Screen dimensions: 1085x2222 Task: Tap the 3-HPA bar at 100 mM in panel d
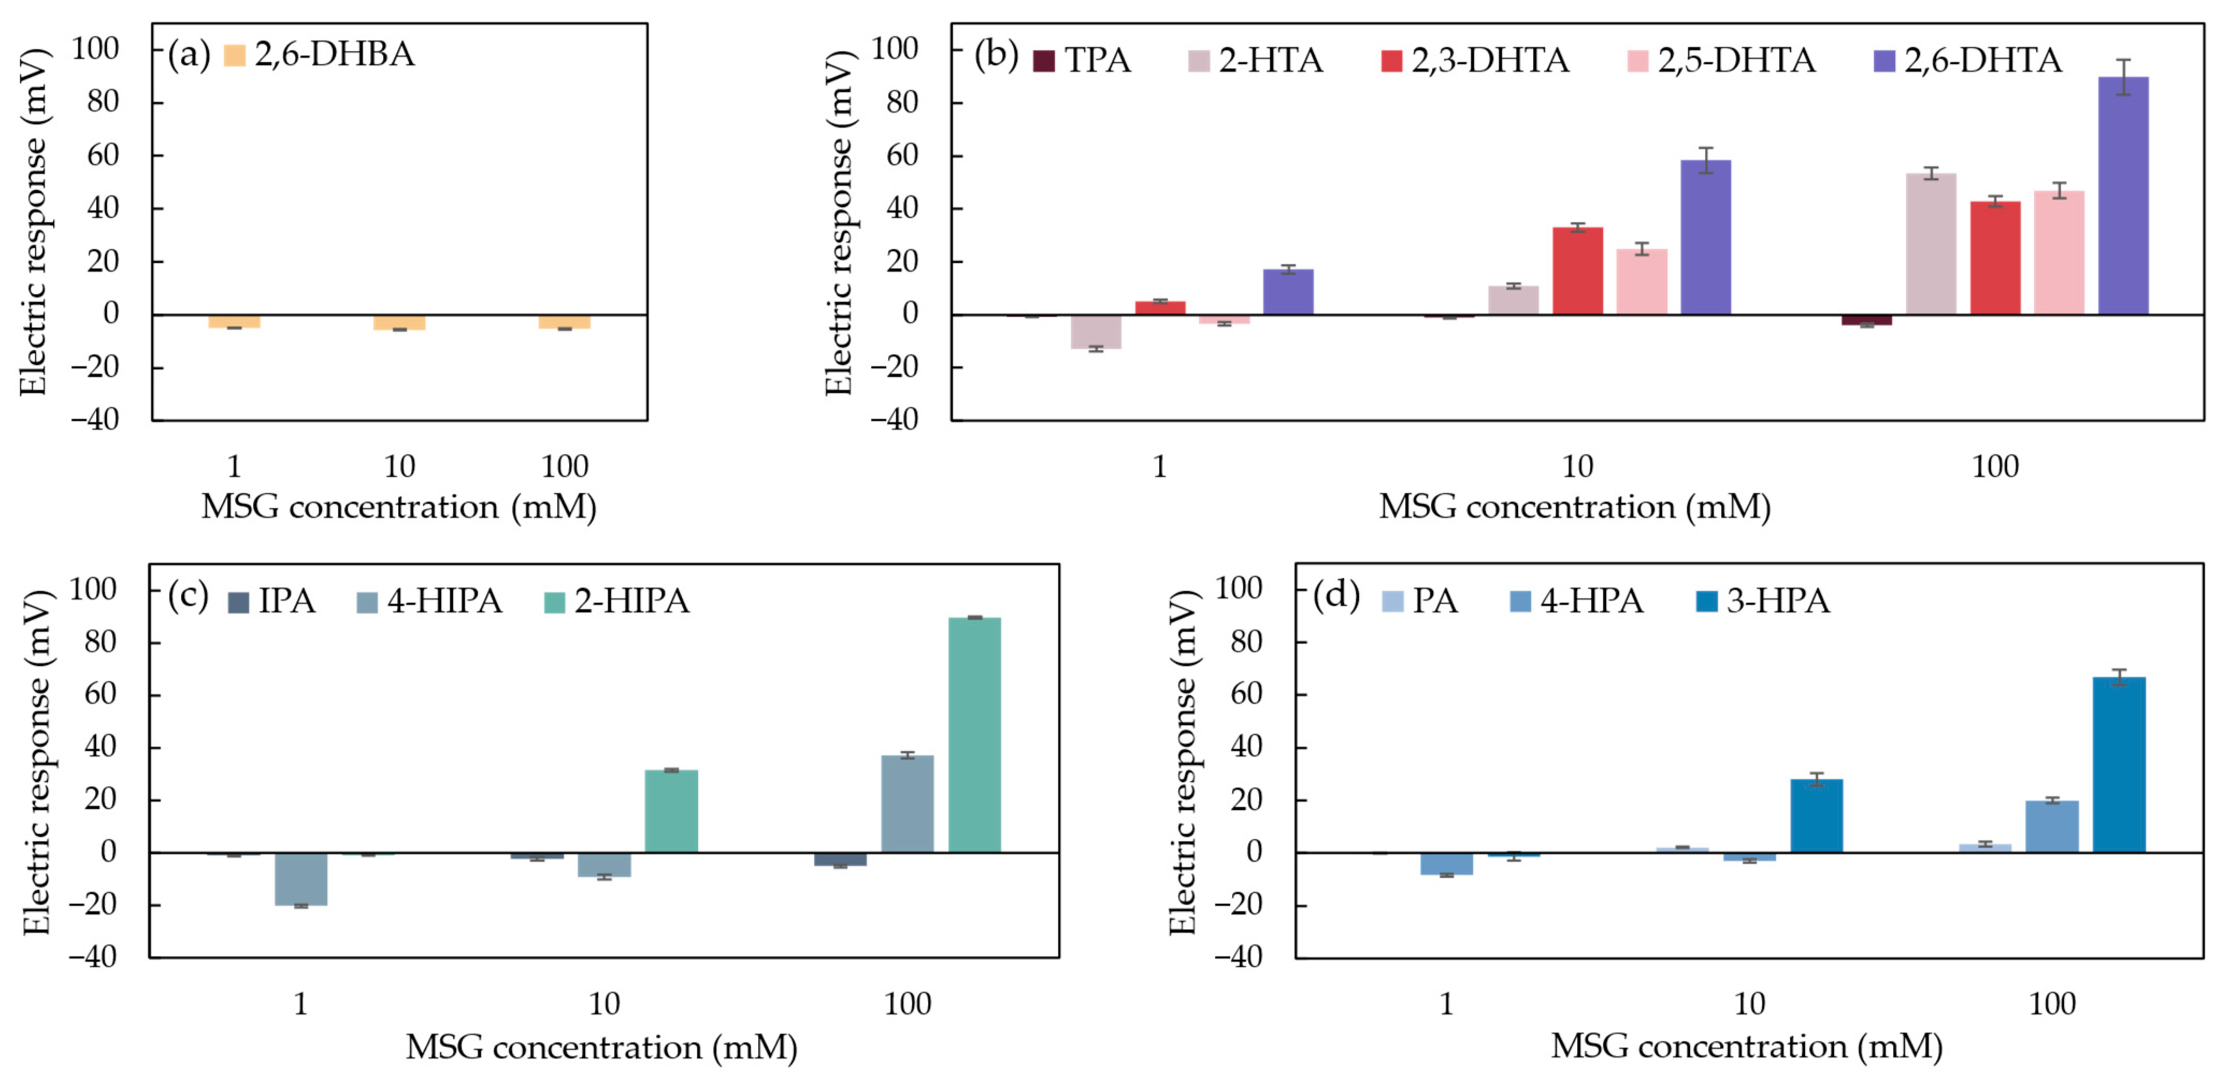(x=2118, y=765)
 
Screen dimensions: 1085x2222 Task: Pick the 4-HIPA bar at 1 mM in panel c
(x=301, y=879)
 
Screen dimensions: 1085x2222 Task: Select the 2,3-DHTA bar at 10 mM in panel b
(x=1578, y=271)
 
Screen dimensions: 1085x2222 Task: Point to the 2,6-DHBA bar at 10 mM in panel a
(x=399, y=322)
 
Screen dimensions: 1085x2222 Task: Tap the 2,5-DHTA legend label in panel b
(x=1736, y=60)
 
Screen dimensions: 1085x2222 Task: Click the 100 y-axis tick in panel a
(x=95, y=48)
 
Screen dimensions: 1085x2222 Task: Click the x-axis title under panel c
(x=601, y=1047)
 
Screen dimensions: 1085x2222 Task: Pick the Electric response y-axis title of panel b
(x=838, y=222)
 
